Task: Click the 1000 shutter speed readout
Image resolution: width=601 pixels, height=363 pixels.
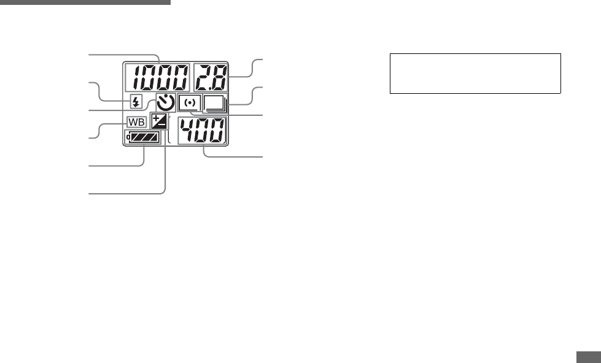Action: coord(157,78)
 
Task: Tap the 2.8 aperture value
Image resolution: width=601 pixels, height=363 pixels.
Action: coord(209,78)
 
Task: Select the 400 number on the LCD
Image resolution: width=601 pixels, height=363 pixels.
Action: coord(202,131)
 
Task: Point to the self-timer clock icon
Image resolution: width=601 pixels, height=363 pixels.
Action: coord(165,103)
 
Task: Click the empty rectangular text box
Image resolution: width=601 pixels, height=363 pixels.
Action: coord(475,73)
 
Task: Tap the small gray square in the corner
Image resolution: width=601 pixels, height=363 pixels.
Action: coord(588,356)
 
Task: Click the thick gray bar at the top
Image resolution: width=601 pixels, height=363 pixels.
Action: coord(85,2)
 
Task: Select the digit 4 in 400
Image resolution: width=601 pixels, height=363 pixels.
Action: coord(187,131)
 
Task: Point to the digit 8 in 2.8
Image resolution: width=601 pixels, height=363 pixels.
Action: coord(217,78)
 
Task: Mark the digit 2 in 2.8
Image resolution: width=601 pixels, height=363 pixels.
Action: coord(201,78)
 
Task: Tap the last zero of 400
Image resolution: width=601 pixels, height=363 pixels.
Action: coord(217,131)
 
